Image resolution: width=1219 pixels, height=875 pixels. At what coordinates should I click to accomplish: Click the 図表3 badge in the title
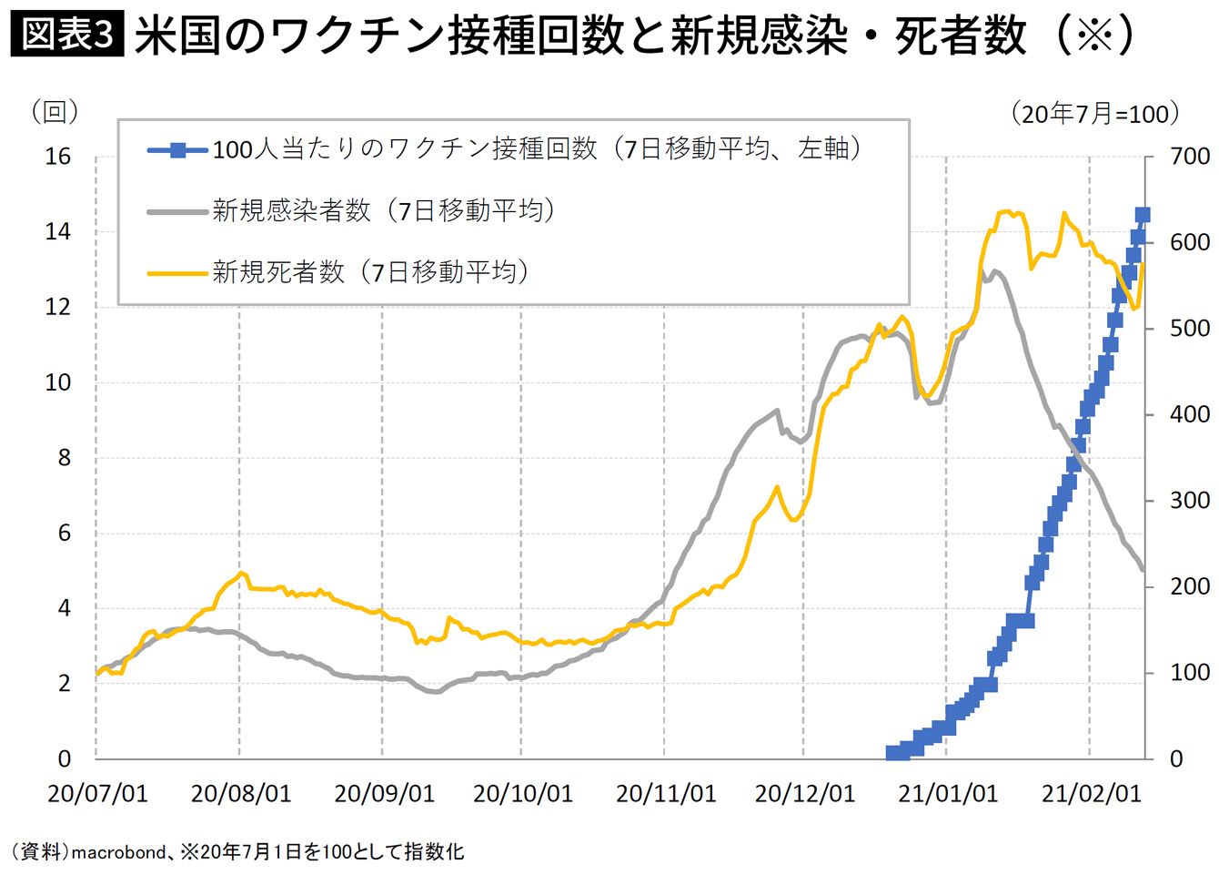66,36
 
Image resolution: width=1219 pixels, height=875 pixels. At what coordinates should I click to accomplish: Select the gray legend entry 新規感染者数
383,211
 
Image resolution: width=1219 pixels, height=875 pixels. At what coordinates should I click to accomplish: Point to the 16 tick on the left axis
57,157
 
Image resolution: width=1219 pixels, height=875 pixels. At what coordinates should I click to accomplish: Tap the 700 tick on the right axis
1190,157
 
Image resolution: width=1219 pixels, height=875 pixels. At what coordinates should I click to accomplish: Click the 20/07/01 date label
97,794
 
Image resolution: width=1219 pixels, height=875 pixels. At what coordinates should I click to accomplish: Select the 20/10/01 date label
523,794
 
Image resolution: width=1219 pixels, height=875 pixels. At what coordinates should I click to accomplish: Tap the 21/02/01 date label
1091,794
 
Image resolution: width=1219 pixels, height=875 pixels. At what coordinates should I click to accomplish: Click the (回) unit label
55,112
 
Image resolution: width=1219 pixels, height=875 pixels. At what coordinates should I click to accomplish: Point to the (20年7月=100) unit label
1095,114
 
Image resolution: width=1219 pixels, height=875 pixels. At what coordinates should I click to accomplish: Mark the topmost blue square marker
1143,215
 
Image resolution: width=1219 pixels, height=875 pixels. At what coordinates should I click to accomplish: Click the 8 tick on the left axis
64,458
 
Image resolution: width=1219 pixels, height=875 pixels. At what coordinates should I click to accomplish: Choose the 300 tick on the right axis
1190,501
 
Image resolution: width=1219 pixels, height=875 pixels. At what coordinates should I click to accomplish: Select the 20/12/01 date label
805,794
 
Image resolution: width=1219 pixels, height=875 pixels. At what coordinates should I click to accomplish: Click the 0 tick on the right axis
1176,758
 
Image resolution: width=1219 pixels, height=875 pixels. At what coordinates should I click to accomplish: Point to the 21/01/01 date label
948,794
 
